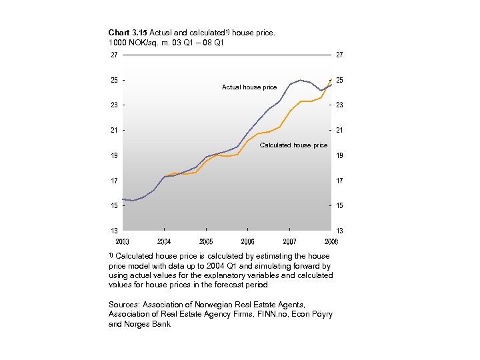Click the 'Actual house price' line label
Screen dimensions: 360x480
pos(249,87)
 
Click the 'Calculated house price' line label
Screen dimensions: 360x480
pos(293,145)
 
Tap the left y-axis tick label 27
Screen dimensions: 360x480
pos(115,55)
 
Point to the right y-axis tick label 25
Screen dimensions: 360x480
pos(339,80)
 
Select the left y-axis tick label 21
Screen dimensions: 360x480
pos(115,130)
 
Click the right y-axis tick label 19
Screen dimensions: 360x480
pos(339,155)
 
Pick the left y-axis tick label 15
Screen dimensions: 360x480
pos(115,205)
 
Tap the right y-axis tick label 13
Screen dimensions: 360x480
pos(339,231)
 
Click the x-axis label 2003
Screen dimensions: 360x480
pos(123,241)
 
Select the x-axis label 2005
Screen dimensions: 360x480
pos(206,241)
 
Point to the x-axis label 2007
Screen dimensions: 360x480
pos(289,241)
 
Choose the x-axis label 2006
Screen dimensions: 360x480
pos(247,241)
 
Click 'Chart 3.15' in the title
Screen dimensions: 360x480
pos(127,32)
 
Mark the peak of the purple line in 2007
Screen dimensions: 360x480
pos(301,80)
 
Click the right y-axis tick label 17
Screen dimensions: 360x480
pos(339,181)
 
